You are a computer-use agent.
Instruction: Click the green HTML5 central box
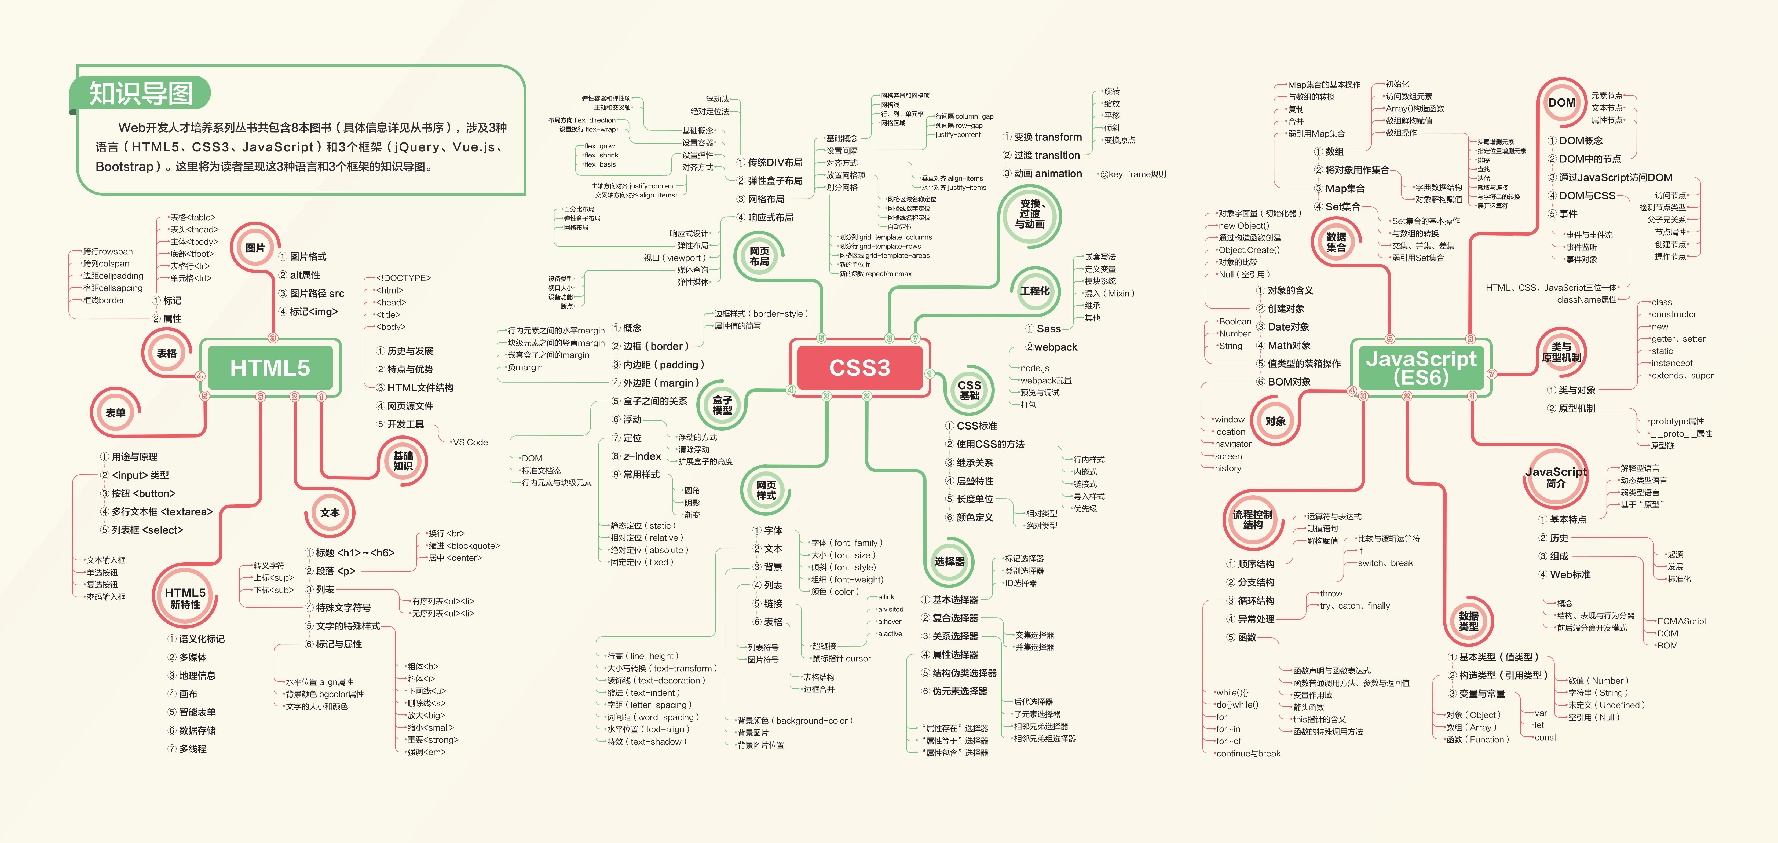(270, 368)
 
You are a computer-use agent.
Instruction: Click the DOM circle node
(1561, 103)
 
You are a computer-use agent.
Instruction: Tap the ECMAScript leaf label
(1681, 621)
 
